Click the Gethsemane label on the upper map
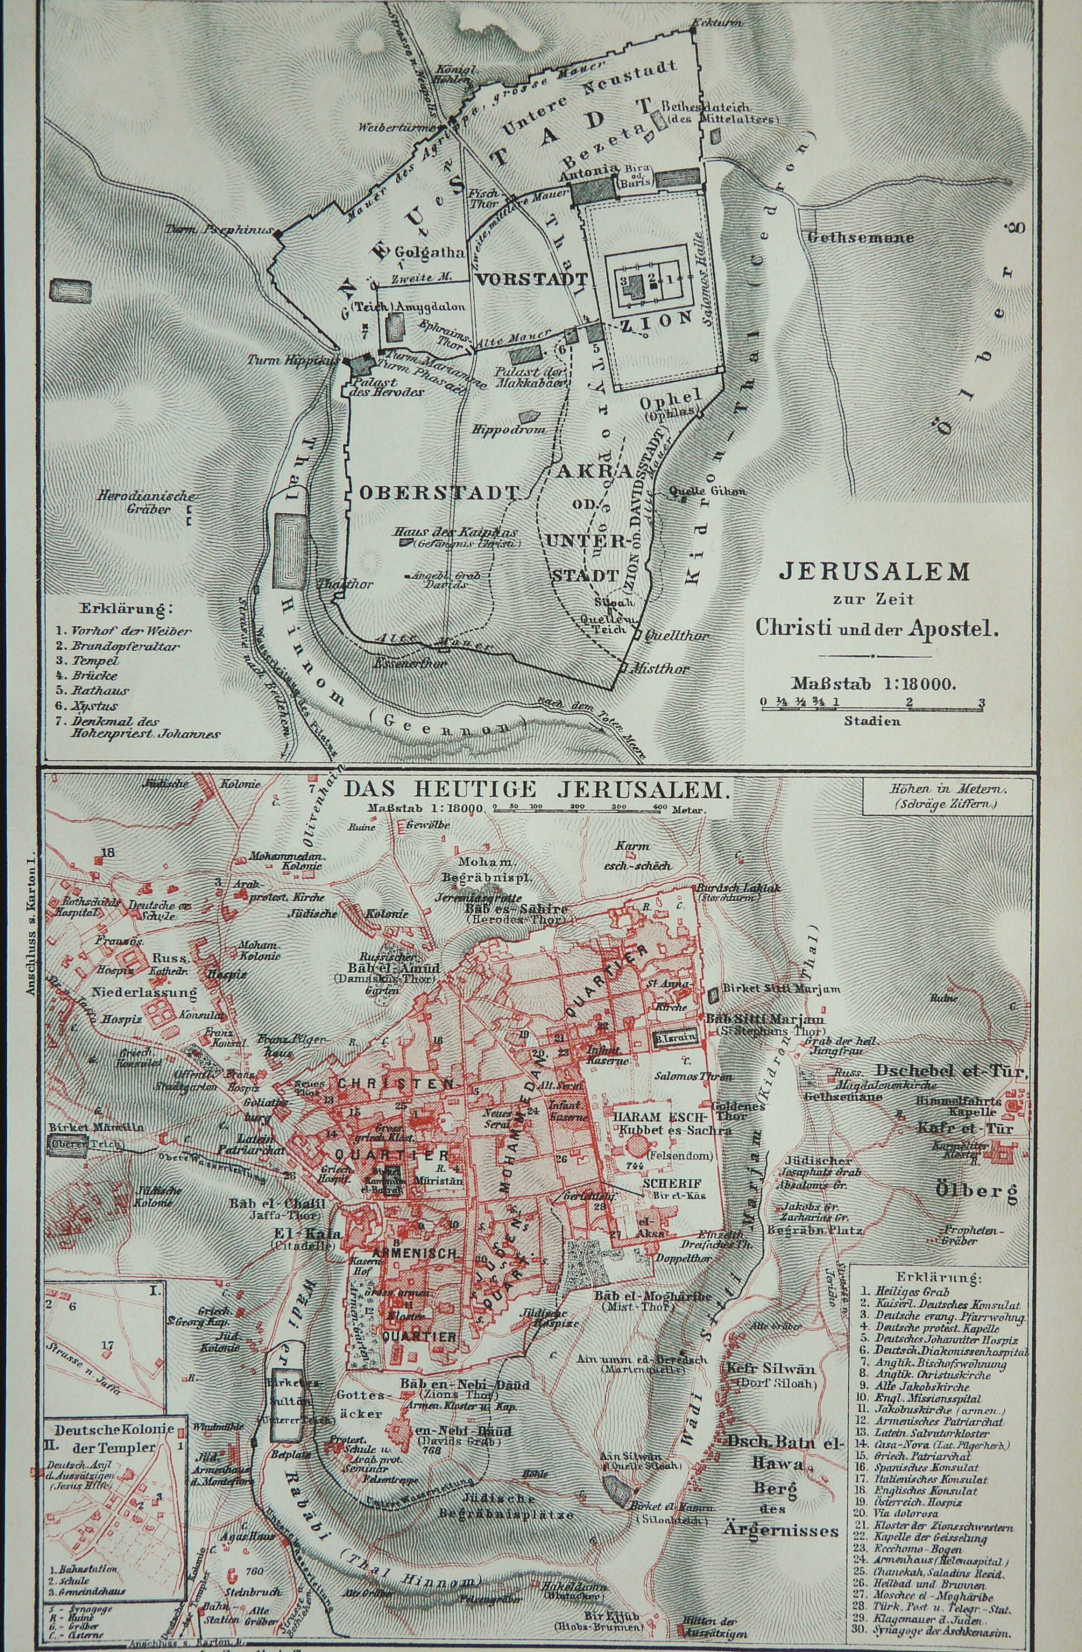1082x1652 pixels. (x=861, y=237)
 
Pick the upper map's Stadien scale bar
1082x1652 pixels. (x=872, y=703)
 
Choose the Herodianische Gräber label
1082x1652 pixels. (x=146, y=503)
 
